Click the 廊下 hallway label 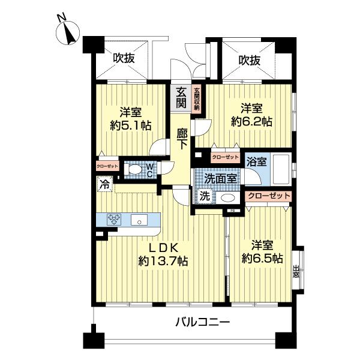182,139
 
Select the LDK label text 163,247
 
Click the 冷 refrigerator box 104,186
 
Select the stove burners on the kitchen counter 114,220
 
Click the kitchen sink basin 139,220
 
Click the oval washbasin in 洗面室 226,197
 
